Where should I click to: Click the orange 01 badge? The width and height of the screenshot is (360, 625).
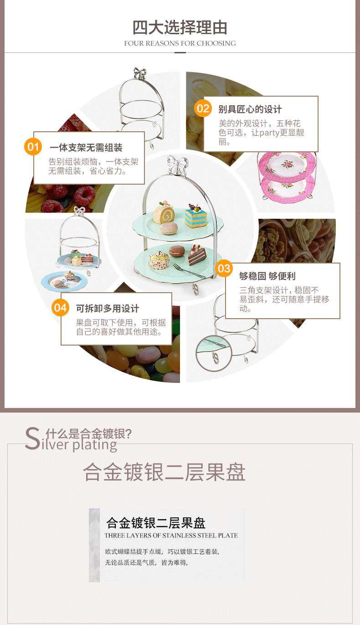[33, 147]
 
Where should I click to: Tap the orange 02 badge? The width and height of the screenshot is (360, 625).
[203, 108]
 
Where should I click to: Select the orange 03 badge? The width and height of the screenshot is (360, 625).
[224, 269]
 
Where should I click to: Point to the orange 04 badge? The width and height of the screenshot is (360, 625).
[60, 307]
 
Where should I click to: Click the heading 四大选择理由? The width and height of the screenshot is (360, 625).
[180, 28]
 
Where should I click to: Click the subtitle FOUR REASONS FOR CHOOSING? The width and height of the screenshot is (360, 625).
[180, 43]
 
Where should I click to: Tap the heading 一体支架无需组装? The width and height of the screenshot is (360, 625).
[86, 148]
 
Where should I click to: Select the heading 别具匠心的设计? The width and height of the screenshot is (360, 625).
[250, 109]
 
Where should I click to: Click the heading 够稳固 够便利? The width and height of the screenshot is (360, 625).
[267, 276]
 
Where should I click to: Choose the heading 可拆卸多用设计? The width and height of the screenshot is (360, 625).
[108, 308]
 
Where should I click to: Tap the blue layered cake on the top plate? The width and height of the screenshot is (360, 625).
[195, 216]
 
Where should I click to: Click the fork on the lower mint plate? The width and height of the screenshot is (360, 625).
[189, 270]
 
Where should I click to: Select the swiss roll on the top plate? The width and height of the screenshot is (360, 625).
[164, 213]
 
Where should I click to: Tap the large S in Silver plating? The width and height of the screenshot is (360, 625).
[32, 439]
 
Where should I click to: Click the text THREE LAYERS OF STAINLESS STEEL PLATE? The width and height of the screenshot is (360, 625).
[171, 535]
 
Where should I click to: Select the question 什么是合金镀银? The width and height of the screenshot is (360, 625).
[88, 434]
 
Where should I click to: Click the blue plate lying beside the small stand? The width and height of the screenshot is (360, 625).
[64, 281]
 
